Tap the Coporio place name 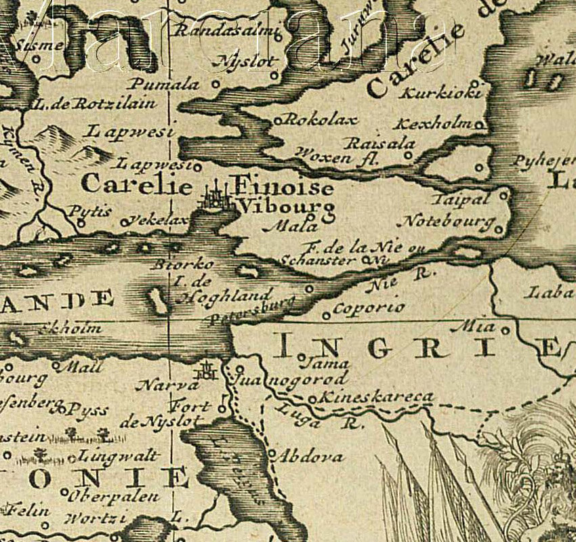[369, 308]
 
